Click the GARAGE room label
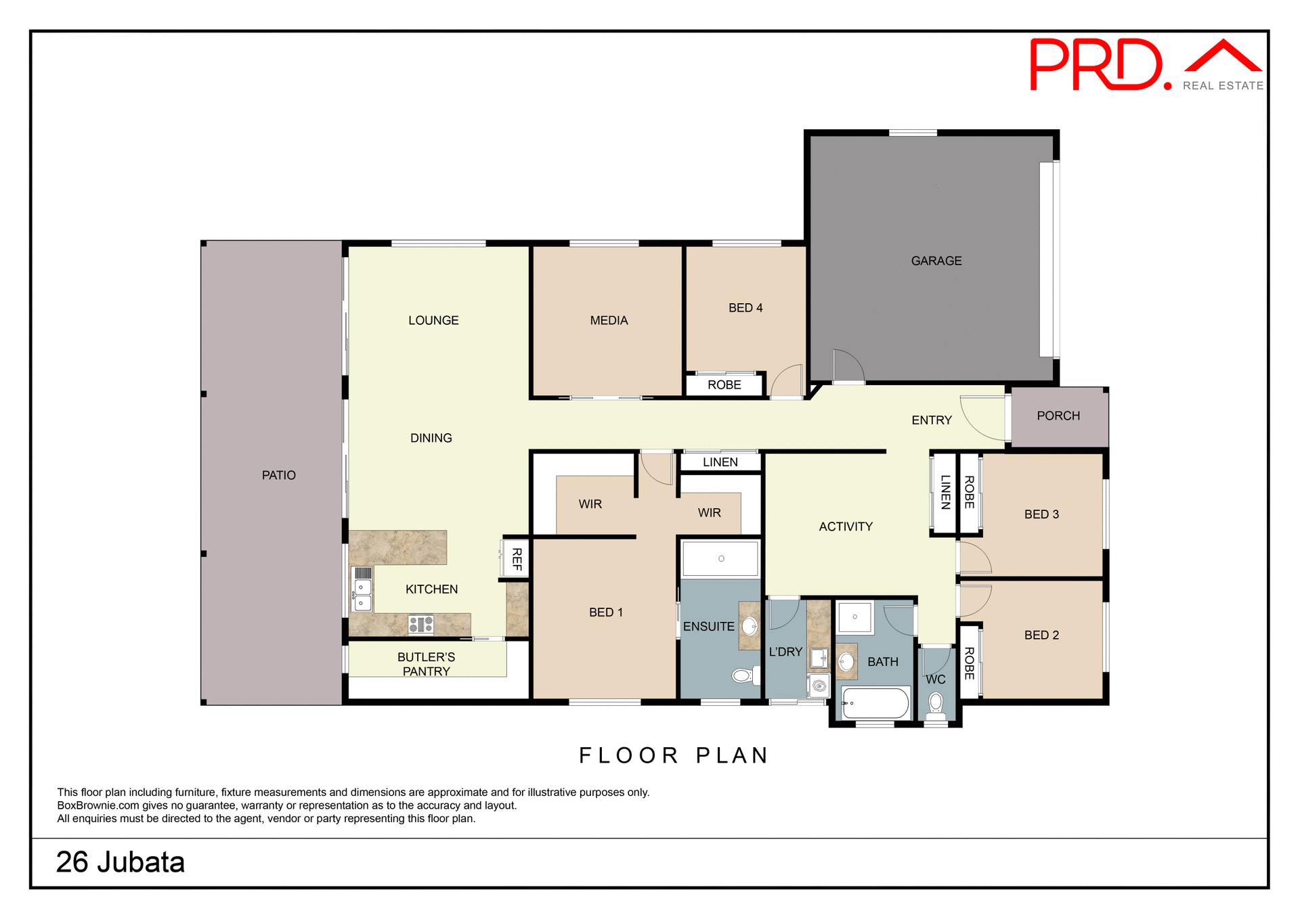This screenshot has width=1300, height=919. [936, 261]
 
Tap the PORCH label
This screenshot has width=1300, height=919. [1058, 416]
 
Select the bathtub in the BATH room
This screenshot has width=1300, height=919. [875, 703]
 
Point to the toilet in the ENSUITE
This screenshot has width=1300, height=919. [743, 675]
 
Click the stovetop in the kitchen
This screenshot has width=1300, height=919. [420, 624]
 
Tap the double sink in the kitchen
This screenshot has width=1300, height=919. [363, 595]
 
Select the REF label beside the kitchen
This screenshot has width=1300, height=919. [517, 559]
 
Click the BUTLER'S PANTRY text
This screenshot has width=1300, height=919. [426, 664]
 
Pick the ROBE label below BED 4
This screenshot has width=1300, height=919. [724, 384]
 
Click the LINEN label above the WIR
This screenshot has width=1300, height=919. [720, 462]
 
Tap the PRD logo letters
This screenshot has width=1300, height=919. [1097, 65]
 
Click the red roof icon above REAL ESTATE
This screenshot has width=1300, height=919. [1223, 57]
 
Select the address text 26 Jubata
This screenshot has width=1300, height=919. [121, 862]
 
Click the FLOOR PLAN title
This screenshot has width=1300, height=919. [674, 755]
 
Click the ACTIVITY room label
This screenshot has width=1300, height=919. [845, 526]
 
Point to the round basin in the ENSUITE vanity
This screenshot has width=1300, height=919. [750, 626]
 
